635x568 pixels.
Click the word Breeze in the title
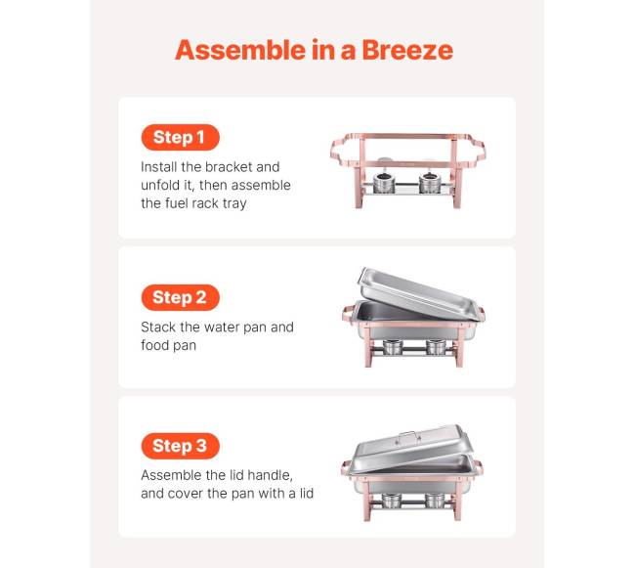coord(407,50)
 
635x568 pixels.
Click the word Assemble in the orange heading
coord(240,50)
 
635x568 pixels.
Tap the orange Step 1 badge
coord(180,137)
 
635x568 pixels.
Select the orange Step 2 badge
coord(180,297)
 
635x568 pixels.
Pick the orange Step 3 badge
coord(180,446)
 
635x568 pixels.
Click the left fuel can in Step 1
coord(384,183)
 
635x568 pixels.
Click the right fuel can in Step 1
coord(430,183)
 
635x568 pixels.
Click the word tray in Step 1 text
coord(234,203)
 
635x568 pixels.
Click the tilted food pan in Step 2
coord(419,292)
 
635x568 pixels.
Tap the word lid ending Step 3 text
coord(307,493)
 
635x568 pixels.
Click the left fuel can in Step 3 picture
coord(392,501)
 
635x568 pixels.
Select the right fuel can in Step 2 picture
coord(436,346)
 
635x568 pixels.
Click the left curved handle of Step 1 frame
coord(344,153)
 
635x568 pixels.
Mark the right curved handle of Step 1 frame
coord(472,151)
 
